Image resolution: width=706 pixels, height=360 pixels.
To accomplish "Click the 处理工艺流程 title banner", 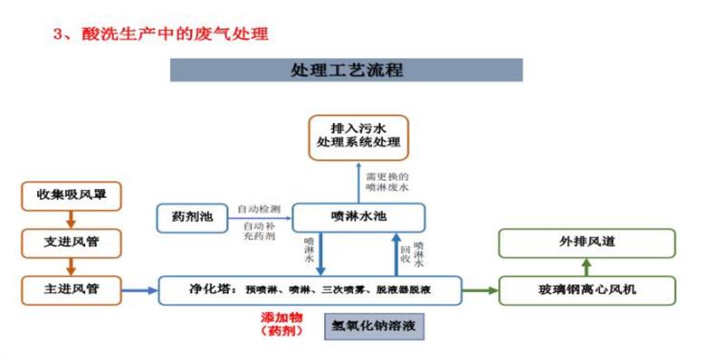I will [x=347, y=70].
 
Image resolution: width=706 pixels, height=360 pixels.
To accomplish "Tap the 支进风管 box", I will [x=72, y=242].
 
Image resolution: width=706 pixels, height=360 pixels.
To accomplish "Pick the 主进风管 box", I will [x=72, y=289].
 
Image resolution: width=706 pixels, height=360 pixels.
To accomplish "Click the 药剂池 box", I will [x=191, y=217].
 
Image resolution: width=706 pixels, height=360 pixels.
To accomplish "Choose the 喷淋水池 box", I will [x=358, y=217].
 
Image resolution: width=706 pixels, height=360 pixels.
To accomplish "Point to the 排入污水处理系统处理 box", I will [x=358, y=137].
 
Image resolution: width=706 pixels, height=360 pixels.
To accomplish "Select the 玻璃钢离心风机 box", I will [x=587, y=290].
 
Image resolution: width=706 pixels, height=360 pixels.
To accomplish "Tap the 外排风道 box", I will [x=587, y=242].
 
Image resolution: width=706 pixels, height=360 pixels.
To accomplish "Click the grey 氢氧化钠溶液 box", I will [x=375, y=325].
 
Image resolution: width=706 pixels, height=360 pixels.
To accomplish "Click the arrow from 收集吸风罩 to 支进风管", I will [x=72, y=220].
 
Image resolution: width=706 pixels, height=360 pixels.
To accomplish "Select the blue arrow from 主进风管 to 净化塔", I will [x=140, y=290].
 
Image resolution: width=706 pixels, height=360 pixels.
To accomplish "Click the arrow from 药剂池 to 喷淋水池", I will [x=260, y=217].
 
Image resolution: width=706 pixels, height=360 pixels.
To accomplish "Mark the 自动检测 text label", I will [x=258, y=209].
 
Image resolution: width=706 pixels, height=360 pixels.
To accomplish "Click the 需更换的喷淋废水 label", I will [x=387, y=181].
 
